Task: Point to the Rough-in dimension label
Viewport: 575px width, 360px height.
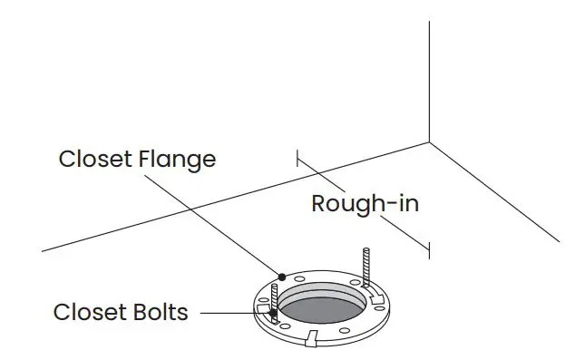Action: pyautogui.click(x=365, y=203)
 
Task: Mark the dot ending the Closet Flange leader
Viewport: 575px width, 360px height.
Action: pyautogui.click(x=282, y=276)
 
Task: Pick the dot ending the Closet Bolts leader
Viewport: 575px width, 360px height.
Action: pyautogui.click(x=261, y=313)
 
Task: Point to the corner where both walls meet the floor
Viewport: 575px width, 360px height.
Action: pyautogui.click(x=429, y=142)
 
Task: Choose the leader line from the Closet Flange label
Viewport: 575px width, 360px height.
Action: pyautogui.click(x=218, y=222)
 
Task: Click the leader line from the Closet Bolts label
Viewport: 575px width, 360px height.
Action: pyautogui.click(x=227, y=313)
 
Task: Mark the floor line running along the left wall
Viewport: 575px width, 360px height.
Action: pyautogui.click(x=227, y=198)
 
